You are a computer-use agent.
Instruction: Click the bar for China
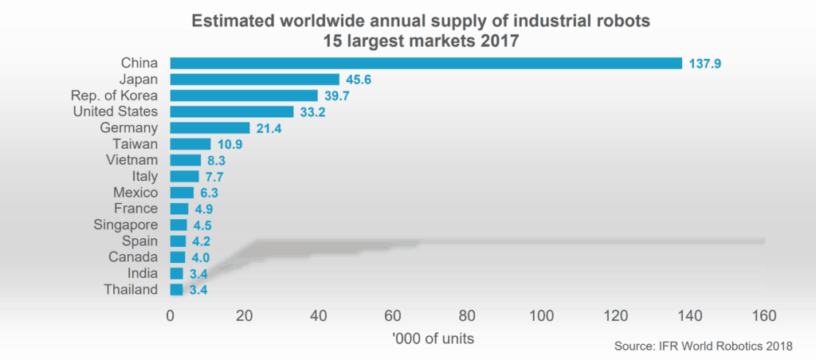click(426, 63)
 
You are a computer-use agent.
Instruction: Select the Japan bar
click(255, 80)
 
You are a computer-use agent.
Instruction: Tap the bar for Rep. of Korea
click(244, 96)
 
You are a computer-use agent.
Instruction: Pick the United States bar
click(232, 112)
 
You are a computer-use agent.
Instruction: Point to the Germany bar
click(210, 128)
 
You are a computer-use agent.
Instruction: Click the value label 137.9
click(705, 64)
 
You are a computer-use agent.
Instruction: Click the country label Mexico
click(136, 193)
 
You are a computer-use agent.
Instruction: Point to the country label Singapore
click(125, 225)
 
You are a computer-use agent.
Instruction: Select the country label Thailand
click(131, 290)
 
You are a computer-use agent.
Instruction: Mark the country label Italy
click(144, 177)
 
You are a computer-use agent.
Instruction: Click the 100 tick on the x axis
click(542, 316)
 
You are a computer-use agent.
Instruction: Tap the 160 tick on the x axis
click(764, 316)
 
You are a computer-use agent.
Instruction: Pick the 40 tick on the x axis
click(319, 316)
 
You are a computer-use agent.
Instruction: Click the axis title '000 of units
click(433, 338)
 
